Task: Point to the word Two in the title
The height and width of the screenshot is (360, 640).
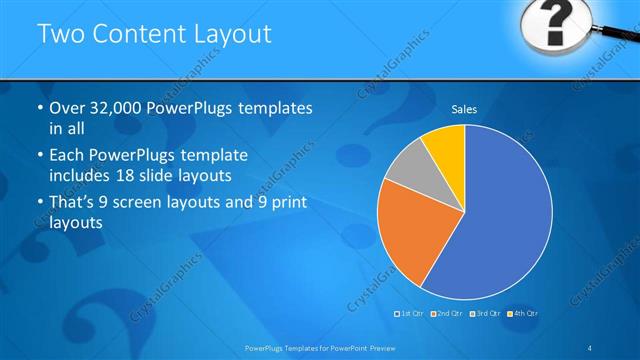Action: click(x=58, y=34)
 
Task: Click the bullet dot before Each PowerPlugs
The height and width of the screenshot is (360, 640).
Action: click(x=39, y=157)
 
